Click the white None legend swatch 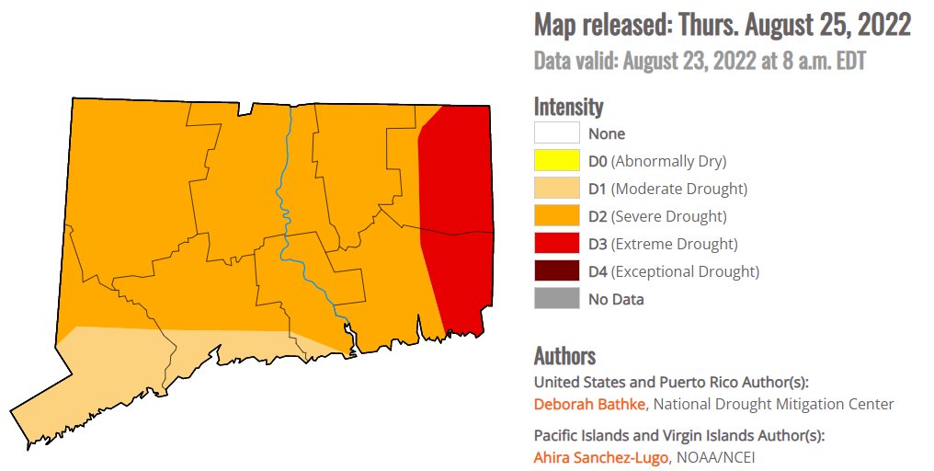pyautogui.click(x=556, y=133)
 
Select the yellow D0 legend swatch pyautogui.click(x=556, y=161)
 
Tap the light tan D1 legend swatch pyautogui.click(x=556, y=189)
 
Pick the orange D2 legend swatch pyautogui.click(x=556, y=216)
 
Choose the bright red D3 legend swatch pyautogui.click(x=556, y=244)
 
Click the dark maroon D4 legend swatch pyautogui.click(x=556, y=271)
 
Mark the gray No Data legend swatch pyautogui.click(x=556, y=299)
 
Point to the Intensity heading pyautogui.click(x=568, y=106)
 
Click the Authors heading pyautogui.click(x=564, y=356)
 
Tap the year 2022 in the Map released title pyautogui.click(x=882, y=25)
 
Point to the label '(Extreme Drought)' pyautogui.click(x=675, y=244)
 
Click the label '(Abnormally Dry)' pyautogui.click(x=668, y=161)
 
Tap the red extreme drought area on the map pyautogui.click(x=455, y=221)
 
